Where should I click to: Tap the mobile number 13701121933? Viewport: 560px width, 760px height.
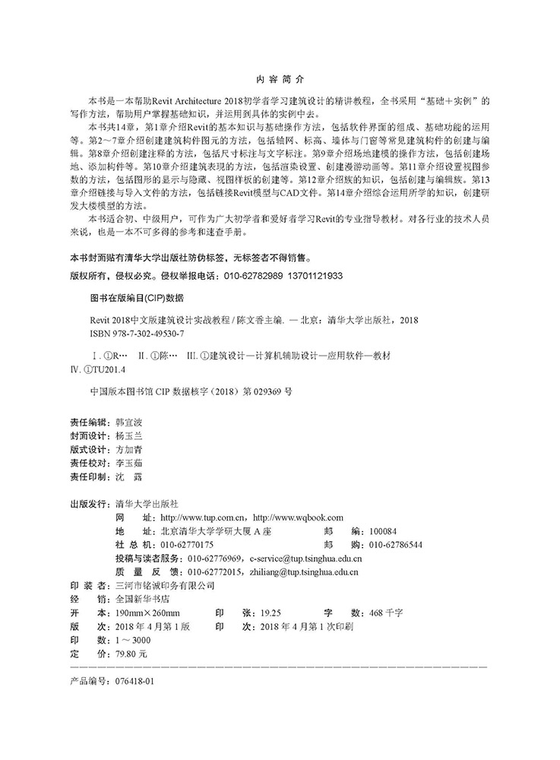317,276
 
